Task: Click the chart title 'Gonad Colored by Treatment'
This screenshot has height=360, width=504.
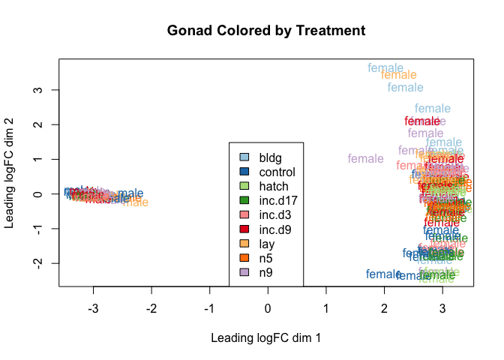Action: click(x=266, y=31)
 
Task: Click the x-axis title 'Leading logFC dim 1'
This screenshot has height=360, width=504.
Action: click(x=266, y=337)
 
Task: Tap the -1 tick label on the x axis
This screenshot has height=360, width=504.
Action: click(x=209, y=308)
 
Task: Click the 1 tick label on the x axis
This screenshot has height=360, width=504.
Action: click(x=326, y=308)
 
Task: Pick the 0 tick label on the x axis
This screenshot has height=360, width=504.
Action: click(x=268, y=308)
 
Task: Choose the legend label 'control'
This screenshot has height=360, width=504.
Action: click(x=277, y=172)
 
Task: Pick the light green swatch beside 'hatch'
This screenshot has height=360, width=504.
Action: click(x=244, y=186)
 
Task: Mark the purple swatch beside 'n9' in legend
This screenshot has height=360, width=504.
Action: click(x=244, y=271)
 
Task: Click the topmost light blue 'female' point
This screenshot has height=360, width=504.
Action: click(x=385, y=68)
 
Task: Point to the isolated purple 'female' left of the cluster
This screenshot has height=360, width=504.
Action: click(x=366, y=159)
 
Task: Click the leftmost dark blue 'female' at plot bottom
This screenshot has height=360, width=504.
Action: click(x=383, y=274)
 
